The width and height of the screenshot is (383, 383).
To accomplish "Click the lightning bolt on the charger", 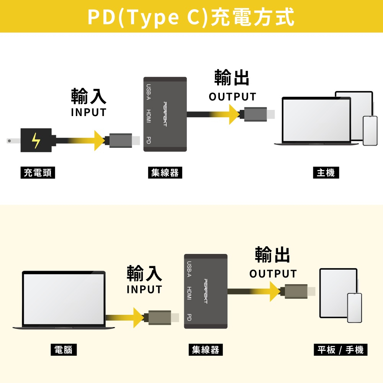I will (36, 141).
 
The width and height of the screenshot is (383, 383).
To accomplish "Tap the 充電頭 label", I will (38, 173).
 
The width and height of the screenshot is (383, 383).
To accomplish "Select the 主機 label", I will (326, 173).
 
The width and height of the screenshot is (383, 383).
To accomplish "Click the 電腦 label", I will (64, 350).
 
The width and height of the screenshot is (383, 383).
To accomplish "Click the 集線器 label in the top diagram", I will (165, 173).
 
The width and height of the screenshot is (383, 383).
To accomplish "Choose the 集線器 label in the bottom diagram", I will (206, 350).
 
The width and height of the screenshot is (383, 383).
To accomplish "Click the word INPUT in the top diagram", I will (88, 113).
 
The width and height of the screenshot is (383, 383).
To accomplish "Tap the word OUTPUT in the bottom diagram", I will (273, 274).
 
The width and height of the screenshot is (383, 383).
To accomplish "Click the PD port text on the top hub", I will (149, 140).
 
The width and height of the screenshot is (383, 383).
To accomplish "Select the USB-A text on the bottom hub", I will (189, 268).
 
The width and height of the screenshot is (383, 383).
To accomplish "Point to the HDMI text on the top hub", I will (149, 116).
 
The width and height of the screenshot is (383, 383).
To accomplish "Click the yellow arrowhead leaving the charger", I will (100, 141).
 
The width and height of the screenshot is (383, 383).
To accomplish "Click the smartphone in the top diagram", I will (370, 131).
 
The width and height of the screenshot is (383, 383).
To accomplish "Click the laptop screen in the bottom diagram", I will (64, 299).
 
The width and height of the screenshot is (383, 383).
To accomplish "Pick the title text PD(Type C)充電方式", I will (191, 17).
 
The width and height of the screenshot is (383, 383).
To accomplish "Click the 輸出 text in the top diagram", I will (232, 78).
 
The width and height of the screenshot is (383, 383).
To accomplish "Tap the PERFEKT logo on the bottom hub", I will (206, 291).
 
